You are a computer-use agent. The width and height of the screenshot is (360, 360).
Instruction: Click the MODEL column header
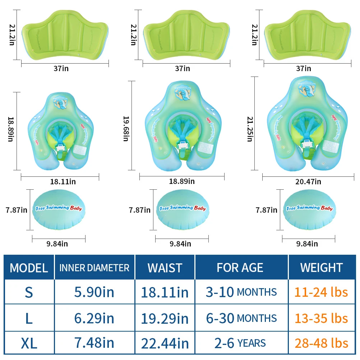(x=29, y=268)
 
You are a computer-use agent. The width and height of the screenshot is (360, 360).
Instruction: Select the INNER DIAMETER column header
(x=94, y=268)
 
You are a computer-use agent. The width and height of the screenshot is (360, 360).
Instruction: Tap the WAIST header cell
(x=165, y=268)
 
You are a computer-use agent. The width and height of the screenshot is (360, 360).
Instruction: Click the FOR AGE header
(x=240, y=268)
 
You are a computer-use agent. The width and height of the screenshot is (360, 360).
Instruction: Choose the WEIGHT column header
(x=322, y=268)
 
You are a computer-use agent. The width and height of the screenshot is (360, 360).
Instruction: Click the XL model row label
(x=29, y=343)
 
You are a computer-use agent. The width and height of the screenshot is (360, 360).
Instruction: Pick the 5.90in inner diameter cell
(x=94, y=292)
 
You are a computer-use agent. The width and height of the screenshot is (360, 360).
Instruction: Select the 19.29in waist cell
(x=165, y=318)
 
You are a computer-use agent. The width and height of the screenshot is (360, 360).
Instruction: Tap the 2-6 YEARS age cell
(x=240, y=343)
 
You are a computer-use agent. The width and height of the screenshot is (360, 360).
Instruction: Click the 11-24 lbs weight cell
(x=322, y=292)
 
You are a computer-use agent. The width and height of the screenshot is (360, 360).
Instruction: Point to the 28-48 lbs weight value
(x=322, y=343)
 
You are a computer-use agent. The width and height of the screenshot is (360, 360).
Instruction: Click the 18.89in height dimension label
(x=10, y=131)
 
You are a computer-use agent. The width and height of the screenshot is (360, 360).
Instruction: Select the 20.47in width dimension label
(x=308, y=182)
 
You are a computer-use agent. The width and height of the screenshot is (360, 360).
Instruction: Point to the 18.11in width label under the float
(x=63, y=182)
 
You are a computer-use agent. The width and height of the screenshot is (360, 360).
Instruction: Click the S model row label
(x=29, y=292)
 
